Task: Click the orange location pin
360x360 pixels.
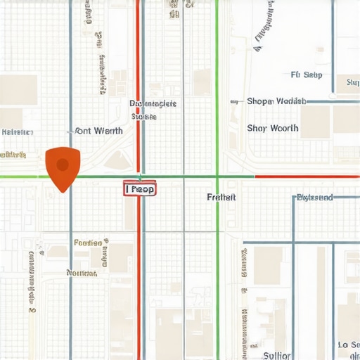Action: point(63,167)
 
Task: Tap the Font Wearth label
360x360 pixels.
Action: point(99,131)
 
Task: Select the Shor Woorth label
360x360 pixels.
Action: point(273,129)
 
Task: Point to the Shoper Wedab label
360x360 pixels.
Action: point(277,101)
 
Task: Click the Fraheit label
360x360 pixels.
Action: point(221,198)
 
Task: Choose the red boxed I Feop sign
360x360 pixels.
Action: point(140,189)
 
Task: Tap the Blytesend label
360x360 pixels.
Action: point(314,198)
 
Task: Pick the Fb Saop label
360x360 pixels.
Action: point(306,75)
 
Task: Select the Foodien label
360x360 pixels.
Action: point(88,243)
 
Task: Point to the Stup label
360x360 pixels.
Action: point(352,83)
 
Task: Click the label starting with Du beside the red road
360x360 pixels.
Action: point(153,104)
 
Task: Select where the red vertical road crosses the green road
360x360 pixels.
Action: point(139,176)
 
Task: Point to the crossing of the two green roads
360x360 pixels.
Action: point(217,176)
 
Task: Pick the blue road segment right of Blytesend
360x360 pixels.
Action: point(347,198)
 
